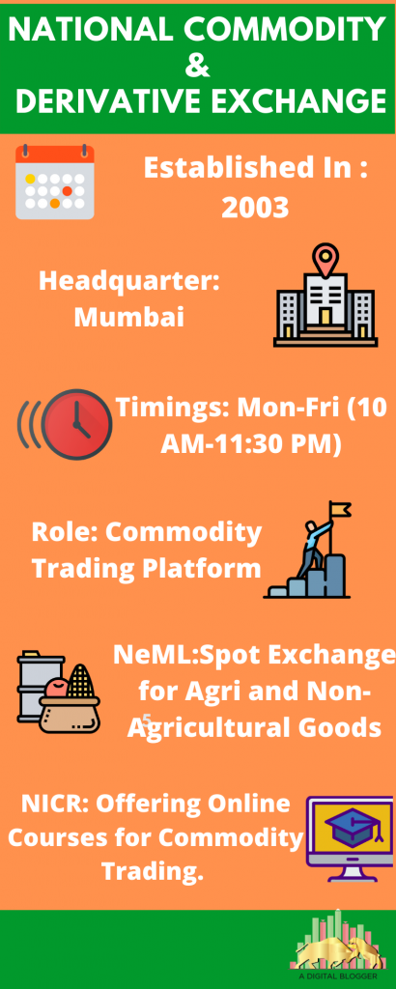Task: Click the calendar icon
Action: point(55,181)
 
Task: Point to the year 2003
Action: point(256,206)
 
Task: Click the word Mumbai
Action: point(129,317)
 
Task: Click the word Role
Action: point(64,532)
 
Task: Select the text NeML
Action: point(148,656)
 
